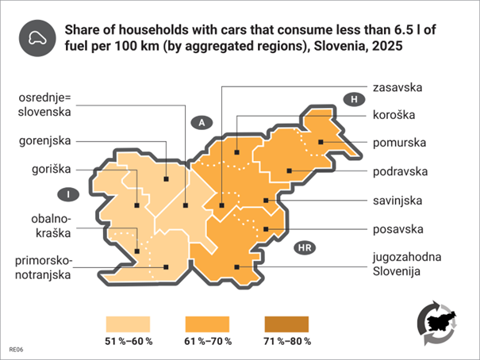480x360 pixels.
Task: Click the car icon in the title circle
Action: point(36,37)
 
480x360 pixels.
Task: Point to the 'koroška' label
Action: point(394,115)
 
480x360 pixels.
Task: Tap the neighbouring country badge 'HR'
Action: point(304,248)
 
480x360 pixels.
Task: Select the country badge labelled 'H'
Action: point(352,99)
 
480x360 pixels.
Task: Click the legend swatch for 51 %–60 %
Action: point(129,324)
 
